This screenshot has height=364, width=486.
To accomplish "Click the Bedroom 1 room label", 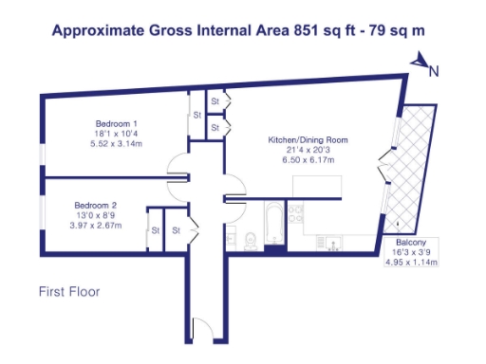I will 117,124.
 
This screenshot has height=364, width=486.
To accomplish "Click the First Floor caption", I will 69,291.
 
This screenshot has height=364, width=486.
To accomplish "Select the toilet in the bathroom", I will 246,240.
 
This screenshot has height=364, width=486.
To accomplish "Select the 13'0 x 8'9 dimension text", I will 96,214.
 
